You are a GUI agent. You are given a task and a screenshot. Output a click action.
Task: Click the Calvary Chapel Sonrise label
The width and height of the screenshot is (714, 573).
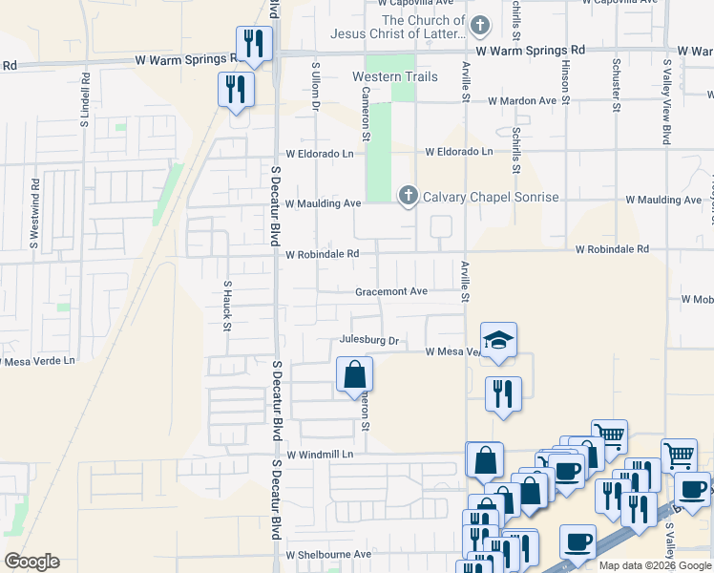click(491, 197)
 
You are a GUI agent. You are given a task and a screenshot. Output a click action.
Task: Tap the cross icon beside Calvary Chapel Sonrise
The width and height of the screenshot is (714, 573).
click(408, 197)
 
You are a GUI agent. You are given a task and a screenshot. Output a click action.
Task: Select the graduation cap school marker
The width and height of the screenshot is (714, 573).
click(497, 340)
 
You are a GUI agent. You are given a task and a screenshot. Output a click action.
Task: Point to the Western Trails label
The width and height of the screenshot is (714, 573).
click(388, 76)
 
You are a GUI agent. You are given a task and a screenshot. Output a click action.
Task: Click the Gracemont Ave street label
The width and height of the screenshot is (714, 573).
click(391, 292)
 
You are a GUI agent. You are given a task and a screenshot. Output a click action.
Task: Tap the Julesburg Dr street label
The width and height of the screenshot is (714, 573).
click(368, 340)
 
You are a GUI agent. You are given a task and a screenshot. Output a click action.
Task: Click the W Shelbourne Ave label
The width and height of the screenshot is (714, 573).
click(328, 554)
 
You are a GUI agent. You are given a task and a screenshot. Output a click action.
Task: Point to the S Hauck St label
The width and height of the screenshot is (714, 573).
click(227, 306)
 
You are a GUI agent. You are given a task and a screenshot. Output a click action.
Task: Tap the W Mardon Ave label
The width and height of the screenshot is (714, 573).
click(521, 100)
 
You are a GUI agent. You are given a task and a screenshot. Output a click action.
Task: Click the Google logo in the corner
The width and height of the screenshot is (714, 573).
click(31, 562)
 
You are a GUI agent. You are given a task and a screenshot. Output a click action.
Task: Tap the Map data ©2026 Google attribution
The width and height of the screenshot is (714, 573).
click(655, 565)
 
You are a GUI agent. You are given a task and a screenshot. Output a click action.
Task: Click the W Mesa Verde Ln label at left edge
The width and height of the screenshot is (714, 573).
click(34, 362)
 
